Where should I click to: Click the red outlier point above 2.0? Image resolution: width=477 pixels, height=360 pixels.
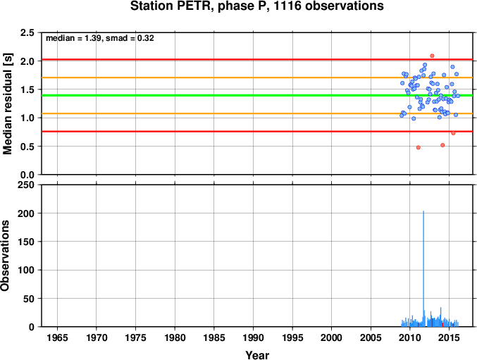(x=432, y=56)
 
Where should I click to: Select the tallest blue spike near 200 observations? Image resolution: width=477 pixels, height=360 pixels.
(x=423, y=268)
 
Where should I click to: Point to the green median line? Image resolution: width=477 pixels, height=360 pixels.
(x=257, y=96)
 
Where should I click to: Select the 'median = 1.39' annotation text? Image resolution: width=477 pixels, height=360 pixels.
(x=73, y=38)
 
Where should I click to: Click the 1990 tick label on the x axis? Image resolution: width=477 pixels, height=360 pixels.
(x=253, y=337)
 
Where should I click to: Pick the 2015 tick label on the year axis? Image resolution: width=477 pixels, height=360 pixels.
(x=449, y=337)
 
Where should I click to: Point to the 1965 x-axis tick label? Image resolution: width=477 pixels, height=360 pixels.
(x=57, y=337)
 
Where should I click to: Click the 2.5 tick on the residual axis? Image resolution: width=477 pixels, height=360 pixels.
(x=27, y=32)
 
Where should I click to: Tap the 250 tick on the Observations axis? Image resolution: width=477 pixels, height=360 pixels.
(x=26, y=185)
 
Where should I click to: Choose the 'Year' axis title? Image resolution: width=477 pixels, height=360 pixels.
(x=257, y=355)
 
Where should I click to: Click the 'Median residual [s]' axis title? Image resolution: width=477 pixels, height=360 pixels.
(x=8, y=104)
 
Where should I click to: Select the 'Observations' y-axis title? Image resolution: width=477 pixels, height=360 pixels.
(x=5, y=256)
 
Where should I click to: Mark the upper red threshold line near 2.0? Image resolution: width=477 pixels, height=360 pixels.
(x=257, y=60)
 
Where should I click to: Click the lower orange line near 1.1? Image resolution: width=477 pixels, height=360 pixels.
(x=257, y=113)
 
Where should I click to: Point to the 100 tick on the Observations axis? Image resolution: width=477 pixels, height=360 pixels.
(x=26, y=270)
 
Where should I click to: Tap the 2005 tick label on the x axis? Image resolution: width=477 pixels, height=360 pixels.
(x=371, y=337)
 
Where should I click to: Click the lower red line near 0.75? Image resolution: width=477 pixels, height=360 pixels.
(x=257, y=131)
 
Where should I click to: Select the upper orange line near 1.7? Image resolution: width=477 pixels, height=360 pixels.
(x=257, y=77)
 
